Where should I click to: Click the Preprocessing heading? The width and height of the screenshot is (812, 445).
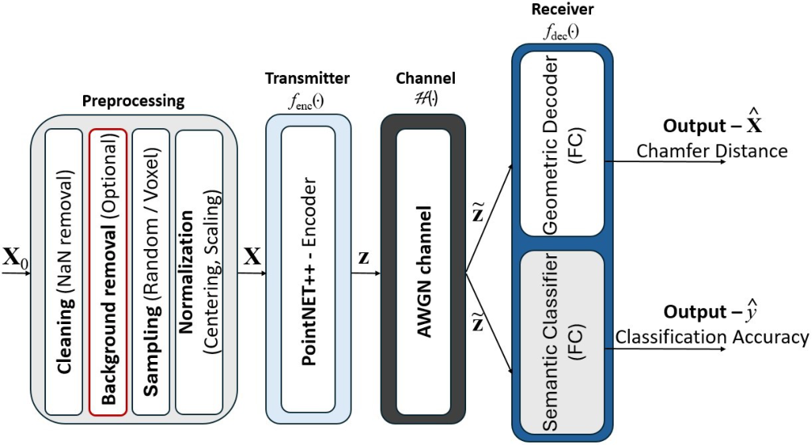(133, 101)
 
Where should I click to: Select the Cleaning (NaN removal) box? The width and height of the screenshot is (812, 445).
(64, 272)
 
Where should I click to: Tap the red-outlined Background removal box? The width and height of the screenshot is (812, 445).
(108, 272)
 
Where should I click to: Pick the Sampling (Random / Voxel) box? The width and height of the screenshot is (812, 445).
(152, 272)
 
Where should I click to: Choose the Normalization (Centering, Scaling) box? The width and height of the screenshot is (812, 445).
(199, 272)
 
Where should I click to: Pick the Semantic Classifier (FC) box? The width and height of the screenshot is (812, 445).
(562, 343)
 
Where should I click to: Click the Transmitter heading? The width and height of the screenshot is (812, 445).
(307, 79)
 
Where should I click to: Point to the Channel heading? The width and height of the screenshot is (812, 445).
(426, 79)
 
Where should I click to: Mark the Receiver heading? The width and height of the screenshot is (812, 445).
(562, 10)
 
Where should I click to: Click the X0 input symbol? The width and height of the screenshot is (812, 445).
(15, 259)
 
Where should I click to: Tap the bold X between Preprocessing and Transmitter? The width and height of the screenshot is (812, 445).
(252, 256)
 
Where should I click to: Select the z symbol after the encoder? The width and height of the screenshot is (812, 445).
(364, 257)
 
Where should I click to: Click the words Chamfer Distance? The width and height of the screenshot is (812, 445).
(711, 151)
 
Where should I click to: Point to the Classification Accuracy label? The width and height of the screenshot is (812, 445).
(711, 337)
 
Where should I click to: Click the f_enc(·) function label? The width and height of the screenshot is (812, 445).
(306, 102)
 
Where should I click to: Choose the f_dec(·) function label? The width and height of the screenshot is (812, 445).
(561, 32)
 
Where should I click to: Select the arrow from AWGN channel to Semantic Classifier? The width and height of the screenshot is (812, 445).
(489, 323)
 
